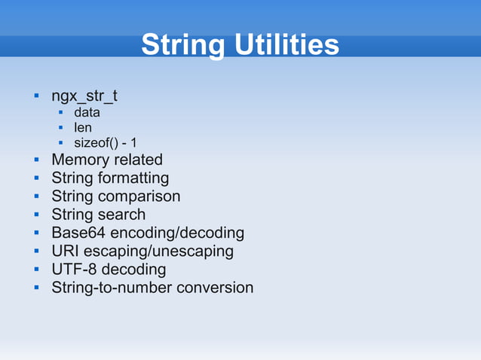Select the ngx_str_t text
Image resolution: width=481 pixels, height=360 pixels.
tap(84, 97)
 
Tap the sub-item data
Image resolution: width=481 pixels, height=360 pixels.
tap(87, 113)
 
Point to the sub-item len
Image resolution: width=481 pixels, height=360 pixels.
tap(82, 128)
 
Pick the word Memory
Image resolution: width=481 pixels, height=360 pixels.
tap(80, 160)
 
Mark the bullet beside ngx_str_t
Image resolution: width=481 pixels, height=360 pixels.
tap(35, 97)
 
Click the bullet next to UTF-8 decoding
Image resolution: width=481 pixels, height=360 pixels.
tap(35, 270)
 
